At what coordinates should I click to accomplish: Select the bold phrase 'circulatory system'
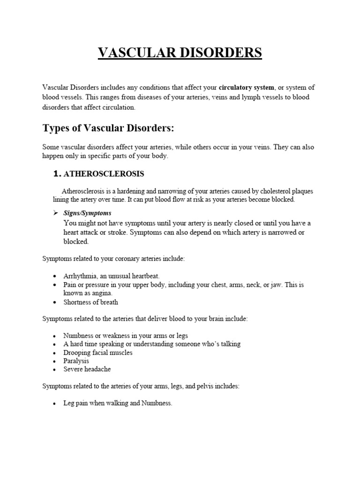pos(247,88)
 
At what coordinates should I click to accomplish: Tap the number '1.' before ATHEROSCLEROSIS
pos(57,174)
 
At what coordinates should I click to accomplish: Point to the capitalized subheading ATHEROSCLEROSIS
pos(104,174)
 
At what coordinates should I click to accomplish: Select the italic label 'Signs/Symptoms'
pos(88,213)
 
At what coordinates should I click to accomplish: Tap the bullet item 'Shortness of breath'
pos(91,302)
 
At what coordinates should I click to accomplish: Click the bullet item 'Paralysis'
pos(76,361)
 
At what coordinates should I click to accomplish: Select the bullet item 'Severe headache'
pos(87,369)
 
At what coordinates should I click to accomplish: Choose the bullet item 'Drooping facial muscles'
pos(98,352)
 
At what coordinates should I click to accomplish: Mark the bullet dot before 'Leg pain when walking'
pos(55,404)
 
